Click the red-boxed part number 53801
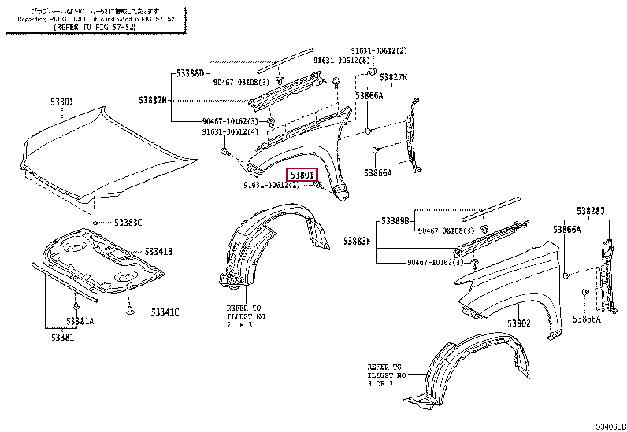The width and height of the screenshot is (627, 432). tap(302, 175)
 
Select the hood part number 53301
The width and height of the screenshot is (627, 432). tap(62, 102)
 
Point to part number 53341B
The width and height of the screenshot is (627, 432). tap(158, 252)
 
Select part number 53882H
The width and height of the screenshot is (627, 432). tap(154, 100)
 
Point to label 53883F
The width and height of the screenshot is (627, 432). tap(358, 240)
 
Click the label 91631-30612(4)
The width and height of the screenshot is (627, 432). tap(229, 132)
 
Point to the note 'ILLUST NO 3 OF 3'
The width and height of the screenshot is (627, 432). tap(385, 376)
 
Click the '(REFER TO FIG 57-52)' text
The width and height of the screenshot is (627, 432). tap(95, 27)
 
